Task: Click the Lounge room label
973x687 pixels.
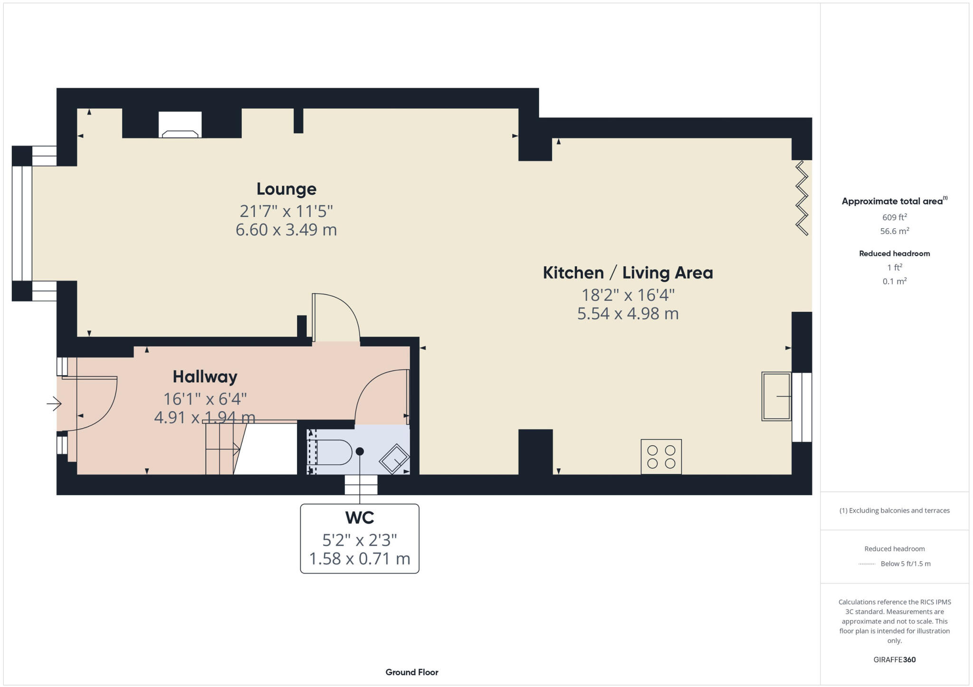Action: (x=286, y=189)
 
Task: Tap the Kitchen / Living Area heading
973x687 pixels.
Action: (x=627, y=273)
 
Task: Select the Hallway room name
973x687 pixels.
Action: (x=205, y=377)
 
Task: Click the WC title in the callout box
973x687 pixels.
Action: (x=359, y=518)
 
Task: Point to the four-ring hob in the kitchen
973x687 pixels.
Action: (x=661, y=457)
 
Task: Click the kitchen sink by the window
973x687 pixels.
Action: (x=776, y=396)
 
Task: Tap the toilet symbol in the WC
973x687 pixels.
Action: (x=333, y=452)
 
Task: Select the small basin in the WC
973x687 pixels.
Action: (x=394, y=459)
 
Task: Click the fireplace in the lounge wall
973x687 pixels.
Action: (x=180, y=125)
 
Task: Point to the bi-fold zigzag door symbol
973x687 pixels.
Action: (x=802, y=198)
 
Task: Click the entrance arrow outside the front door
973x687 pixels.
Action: (x=54, y=404)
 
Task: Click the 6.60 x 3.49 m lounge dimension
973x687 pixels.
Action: (x=286, y=230)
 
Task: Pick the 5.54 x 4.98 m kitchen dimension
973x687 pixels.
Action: (x=627, y=314)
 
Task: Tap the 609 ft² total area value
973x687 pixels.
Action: (x=894, y=217)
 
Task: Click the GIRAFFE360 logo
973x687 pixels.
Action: (x=894, y=659)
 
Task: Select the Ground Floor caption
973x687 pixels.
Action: (x=411, y=672)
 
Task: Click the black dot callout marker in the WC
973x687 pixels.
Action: (x=360, y=452)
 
